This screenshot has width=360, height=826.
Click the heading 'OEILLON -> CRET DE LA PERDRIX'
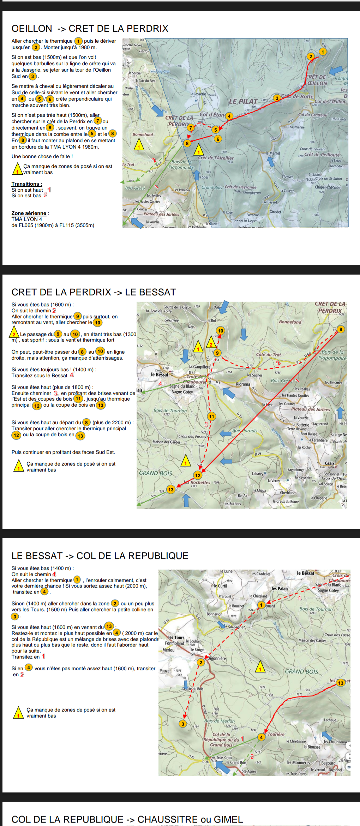[90, 29]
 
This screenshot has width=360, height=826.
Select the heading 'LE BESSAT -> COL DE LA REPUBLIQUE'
[100, 556]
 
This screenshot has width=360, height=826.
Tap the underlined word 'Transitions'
[26, 184]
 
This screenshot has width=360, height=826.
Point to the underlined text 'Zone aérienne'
[29, 213]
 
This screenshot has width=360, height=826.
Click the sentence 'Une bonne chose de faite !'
[42, 156]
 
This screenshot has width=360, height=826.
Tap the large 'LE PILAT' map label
[243, 102]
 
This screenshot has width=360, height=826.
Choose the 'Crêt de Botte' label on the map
[297, 96]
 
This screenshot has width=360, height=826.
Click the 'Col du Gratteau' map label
[312, 115]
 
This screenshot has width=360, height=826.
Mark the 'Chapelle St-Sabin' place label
[328, 187]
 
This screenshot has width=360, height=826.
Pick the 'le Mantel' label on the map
[273, 153]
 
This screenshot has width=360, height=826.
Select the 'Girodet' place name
[275, 212]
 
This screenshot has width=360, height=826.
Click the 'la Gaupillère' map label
[200, 367]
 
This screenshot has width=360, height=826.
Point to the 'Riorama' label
[243, 384]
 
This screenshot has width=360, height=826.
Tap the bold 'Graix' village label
[330, 463]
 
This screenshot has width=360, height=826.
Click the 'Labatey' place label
[258, 474]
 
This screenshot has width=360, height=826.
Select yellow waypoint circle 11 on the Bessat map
[211, 417]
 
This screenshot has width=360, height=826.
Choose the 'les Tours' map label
[176, 638]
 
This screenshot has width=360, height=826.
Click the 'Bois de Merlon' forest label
[220, 721]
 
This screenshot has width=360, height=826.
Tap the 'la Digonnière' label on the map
[215, 658]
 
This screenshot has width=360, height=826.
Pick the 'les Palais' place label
[280, 588]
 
